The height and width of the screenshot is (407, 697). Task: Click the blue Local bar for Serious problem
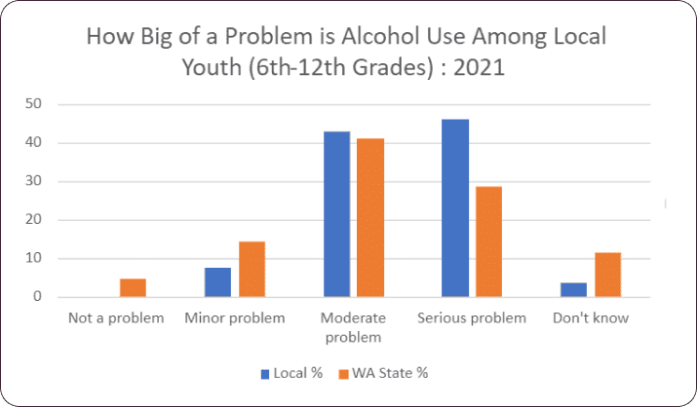point(454,208)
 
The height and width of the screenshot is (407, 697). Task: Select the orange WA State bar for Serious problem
point(487,241)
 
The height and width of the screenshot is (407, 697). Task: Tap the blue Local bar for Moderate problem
point(337,214)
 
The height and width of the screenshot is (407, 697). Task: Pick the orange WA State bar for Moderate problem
point(370,218)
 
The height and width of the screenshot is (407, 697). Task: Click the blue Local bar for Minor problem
point(218,282)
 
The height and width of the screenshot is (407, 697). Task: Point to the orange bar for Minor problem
point(252,269)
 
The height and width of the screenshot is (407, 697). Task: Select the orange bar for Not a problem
point(134,288)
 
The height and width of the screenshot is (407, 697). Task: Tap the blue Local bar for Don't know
point(574,290)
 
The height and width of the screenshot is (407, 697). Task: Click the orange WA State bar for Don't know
point(607,275)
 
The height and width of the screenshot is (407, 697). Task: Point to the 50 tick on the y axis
point(35,104)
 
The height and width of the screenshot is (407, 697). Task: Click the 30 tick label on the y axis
point(35,181)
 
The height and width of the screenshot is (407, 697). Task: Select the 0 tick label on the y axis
point(39,297)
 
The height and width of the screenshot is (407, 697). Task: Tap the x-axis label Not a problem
point(116,318)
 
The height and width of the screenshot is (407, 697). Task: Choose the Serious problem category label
point(471,318)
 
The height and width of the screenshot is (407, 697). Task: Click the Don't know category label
point(591,318)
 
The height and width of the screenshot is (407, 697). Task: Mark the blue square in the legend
point(265,373)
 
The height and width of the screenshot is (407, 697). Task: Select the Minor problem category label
point(235,318)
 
